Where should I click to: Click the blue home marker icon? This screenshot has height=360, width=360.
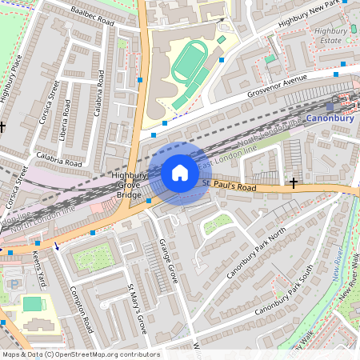click(x=180, y=172)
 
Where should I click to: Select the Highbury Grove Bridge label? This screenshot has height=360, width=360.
click(x=130, y=185)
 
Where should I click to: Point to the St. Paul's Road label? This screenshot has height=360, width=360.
click(x=229, y=186)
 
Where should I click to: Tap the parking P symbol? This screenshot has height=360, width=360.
click(x=14, y=285)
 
